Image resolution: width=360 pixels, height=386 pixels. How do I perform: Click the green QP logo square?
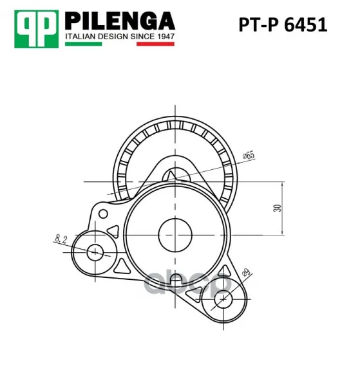37,29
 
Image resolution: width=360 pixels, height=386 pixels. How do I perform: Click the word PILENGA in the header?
120,21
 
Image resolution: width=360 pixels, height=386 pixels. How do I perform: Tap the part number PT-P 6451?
283,25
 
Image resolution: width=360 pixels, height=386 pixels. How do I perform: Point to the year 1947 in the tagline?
166,37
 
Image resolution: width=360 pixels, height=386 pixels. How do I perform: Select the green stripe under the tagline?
83,44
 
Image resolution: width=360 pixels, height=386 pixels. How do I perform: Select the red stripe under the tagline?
155,44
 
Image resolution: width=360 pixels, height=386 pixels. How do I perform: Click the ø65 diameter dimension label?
249,156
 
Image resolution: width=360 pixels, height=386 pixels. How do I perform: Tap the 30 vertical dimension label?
277,208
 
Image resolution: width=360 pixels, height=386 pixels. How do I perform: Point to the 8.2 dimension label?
61,239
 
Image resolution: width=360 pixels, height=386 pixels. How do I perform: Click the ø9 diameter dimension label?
246,272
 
